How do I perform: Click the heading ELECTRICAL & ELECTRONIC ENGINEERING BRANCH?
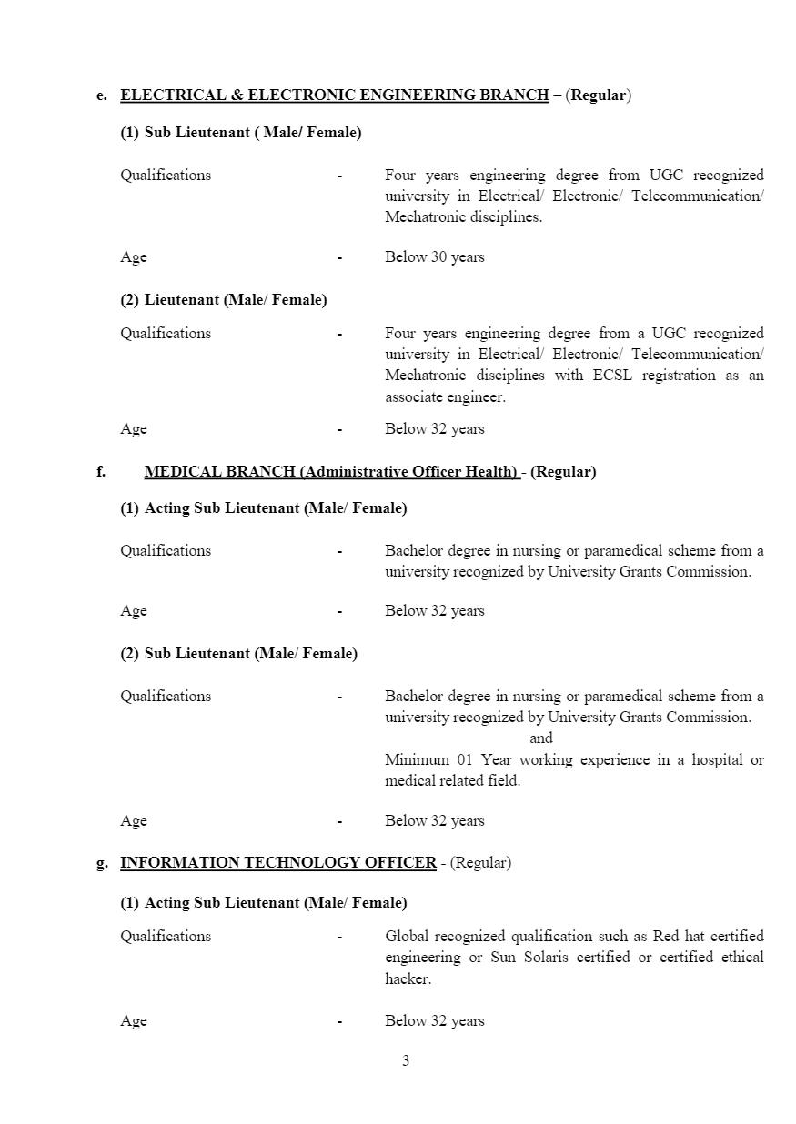click(334, 95)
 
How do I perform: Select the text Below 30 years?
click(434, 257)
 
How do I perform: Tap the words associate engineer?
click(444, 397)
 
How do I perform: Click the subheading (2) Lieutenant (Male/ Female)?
click(224, 300)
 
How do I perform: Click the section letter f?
click(101, 472)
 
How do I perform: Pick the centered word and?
click(541, 738)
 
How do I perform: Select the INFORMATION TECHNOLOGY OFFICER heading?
click(278, 863)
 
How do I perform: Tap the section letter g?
click(102, 863)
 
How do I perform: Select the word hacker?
click(407, 979)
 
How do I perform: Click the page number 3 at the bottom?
click(406, 1061)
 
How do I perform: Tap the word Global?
click(407, 937)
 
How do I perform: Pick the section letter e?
click(102, 95)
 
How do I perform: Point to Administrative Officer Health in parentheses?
click(408, 472)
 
